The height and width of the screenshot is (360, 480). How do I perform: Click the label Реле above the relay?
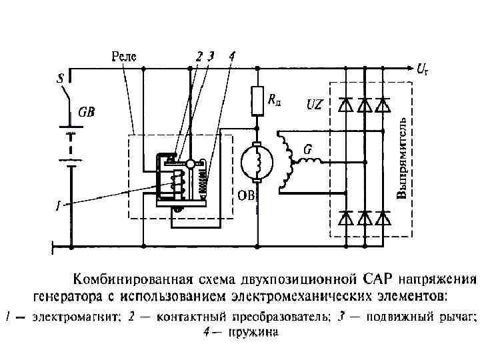tap(124, 57)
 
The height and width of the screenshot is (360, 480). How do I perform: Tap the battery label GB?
tap(87, 113)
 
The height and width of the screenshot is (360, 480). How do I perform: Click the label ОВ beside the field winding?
tap(247, 195)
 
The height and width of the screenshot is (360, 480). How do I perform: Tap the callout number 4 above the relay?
tap(231, 57)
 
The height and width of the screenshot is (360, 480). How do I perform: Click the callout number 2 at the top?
tap(199, 57)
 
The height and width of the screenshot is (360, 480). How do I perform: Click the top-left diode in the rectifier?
tap(345, 105)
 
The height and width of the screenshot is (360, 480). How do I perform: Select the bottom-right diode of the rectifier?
tap(382, 217)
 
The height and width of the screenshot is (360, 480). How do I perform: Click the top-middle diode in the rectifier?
tap(363, 105)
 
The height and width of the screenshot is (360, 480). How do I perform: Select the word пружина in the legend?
tap(256, 331)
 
